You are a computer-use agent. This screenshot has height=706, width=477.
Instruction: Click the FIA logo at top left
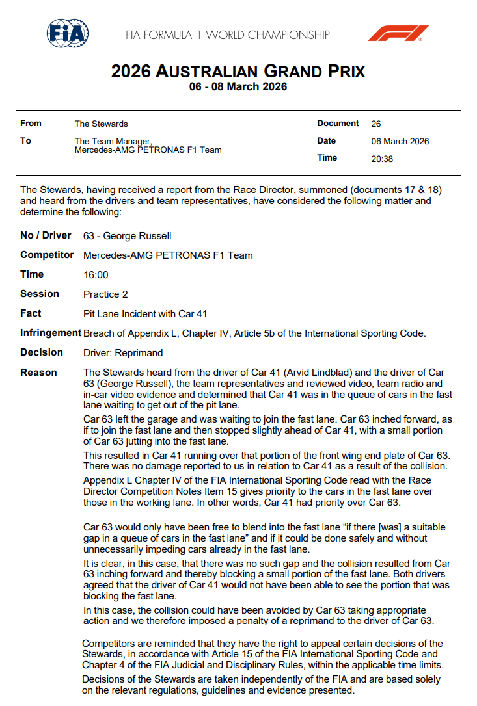pyautogui.click(x=68, y=33)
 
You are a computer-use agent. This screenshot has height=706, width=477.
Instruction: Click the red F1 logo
pyautogui.click(x=398, y=33)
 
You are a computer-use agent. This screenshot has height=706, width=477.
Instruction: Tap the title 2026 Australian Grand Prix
pyautogui.click(x=238, y=71)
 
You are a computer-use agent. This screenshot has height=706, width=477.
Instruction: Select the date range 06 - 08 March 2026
pyautogui.click(x=238, y=86)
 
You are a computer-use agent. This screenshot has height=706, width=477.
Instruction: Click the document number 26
pyautogui.click(x=376, y=124)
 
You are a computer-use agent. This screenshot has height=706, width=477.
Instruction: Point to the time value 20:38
pyautogui.click(x=382, y=159)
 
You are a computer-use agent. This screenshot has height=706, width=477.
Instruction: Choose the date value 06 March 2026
pyautogui.click(x=400, y=141)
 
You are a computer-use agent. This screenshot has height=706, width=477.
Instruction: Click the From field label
pyautogui.click(x=31, y=123)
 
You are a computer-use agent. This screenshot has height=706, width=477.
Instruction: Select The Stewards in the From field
pyautogui.click(x=101, y=124)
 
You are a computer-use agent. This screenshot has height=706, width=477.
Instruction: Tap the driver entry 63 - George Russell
pyautogui.click(x=128, y=235)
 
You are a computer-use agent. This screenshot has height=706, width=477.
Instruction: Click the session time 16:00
pyautogui.click(x=96, y=275)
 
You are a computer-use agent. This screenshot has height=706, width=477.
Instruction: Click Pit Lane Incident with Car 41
pyautogui.click(x=145, y=314)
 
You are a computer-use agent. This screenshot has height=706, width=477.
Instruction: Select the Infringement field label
pyautogui.click(x=51, y=333)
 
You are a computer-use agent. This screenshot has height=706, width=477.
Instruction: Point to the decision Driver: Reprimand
pyautogui.click(x=123, y=353)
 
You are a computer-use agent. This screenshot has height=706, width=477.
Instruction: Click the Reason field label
pyautogui.click(x=38, y=373)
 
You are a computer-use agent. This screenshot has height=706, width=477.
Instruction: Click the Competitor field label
pyautogui.click(x=47, y=255)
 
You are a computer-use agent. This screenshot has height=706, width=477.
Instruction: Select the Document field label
pyautogui.click(x=338, y=123)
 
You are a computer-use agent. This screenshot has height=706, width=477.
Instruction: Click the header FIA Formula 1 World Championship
pyautogui.click(x=228, y=34)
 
